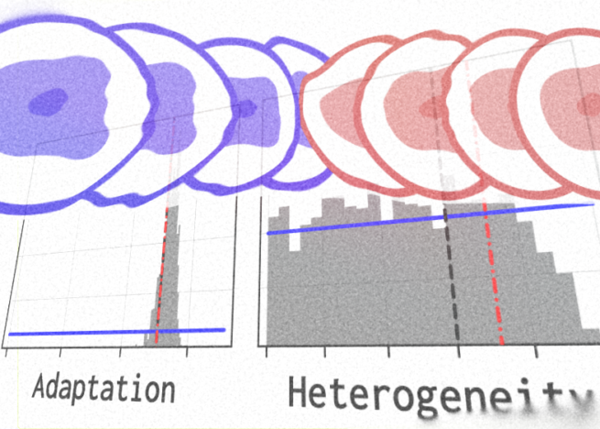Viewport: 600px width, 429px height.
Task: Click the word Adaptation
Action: tap(103, 388)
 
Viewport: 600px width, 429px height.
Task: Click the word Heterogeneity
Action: tap(440, 393)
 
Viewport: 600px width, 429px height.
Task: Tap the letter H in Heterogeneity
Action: tap(300, 391)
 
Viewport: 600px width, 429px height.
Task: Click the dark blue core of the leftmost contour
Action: tap(47, 101)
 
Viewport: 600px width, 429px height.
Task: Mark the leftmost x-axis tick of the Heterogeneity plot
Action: tap(267, 350)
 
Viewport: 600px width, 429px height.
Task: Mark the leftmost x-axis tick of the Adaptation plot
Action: tap(7, 351)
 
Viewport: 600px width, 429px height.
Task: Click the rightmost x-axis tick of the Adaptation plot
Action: tap(187, 350)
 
